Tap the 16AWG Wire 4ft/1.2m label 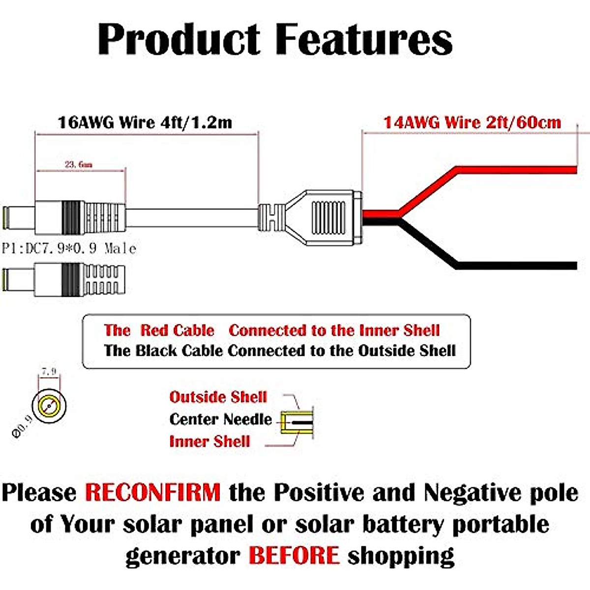coord(145,122)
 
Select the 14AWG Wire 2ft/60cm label coord(472,122)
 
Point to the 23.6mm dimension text coord(79,164)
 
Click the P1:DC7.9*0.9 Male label coord(69,248)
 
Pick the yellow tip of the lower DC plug coord(6,279)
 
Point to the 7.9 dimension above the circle coord(49,372)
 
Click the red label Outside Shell coord(218,397)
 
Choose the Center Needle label coord(220,419)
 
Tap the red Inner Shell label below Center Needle coord(210,441)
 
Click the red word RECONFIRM coord(153,492)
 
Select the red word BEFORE coord(294,556)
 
